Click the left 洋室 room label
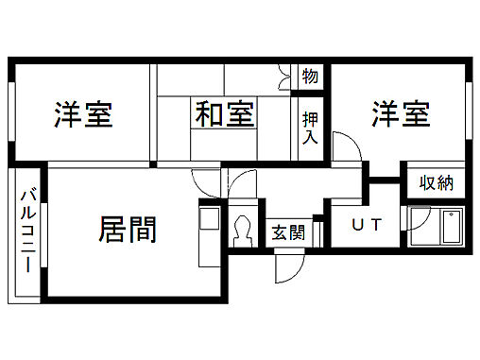(x=83, y=115)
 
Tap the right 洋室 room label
(x=400, y=114)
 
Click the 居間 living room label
(x=127, y=229)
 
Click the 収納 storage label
(x=437, y=181)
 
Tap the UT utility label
(x=367, y=225)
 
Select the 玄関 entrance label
(x=288, y=231)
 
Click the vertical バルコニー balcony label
(x=27, y=231)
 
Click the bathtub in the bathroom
(x=447, y=229)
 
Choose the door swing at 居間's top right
(x=204, y=180)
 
